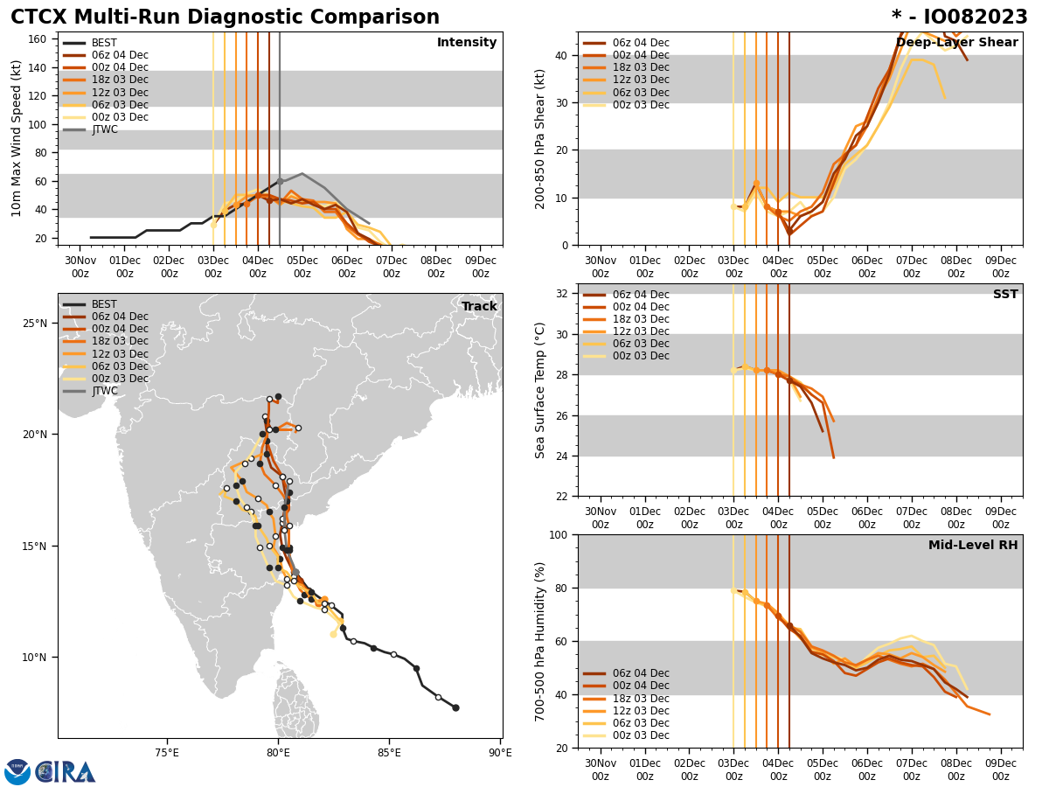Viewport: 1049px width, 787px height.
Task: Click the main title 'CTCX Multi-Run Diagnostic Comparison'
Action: [225, 17]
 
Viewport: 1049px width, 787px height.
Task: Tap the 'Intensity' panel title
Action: [467, 43]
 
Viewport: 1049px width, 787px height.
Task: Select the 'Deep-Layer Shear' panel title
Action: [956, 43]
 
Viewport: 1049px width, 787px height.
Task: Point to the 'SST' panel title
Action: [1004, 295]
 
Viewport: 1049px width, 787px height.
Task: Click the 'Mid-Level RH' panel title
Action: [973, 546]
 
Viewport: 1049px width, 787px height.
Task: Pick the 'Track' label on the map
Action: [479, 307]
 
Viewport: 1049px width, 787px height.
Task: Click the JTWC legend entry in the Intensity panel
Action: [104, 129]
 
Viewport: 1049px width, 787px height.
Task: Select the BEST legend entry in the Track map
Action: [104, 304]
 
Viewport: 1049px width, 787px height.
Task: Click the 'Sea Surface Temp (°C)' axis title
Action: [540, 390]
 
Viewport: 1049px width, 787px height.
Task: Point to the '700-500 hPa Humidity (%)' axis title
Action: [540, 641]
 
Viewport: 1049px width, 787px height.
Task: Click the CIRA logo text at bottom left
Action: [66, 772]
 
